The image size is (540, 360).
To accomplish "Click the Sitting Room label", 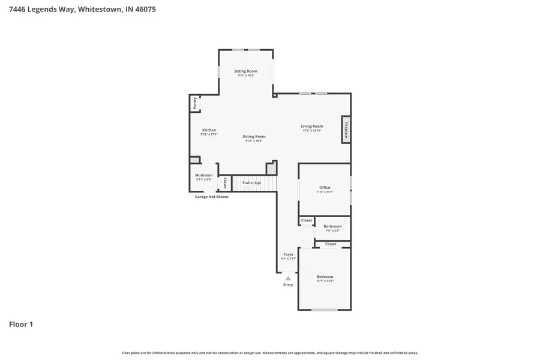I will point(245,71).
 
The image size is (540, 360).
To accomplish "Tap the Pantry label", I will point(195,103).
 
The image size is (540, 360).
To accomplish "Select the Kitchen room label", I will point(209,130).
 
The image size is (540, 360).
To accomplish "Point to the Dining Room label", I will point(254,137).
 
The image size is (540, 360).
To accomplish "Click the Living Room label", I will point(312,127).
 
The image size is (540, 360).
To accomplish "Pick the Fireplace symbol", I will point(346,129).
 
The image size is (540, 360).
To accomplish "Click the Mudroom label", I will point(204,175).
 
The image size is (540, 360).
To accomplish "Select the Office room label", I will point(325,188).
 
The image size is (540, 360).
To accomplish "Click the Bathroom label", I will point(332,227).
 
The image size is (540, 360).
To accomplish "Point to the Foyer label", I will point(289,254).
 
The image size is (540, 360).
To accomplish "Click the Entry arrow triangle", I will point(288,278).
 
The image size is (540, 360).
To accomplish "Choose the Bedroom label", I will point(325,277).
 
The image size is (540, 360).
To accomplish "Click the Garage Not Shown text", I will point(211,197).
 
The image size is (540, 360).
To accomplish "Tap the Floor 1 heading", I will point(21,324).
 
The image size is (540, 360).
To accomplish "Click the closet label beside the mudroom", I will point(225,182).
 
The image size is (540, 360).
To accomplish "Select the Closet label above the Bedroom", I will point(331,244).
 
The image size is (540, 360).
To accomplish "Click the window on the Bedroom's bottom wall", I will point(324,310).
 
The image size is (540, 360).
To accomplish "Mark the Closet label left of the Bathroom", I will point(307,220).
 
